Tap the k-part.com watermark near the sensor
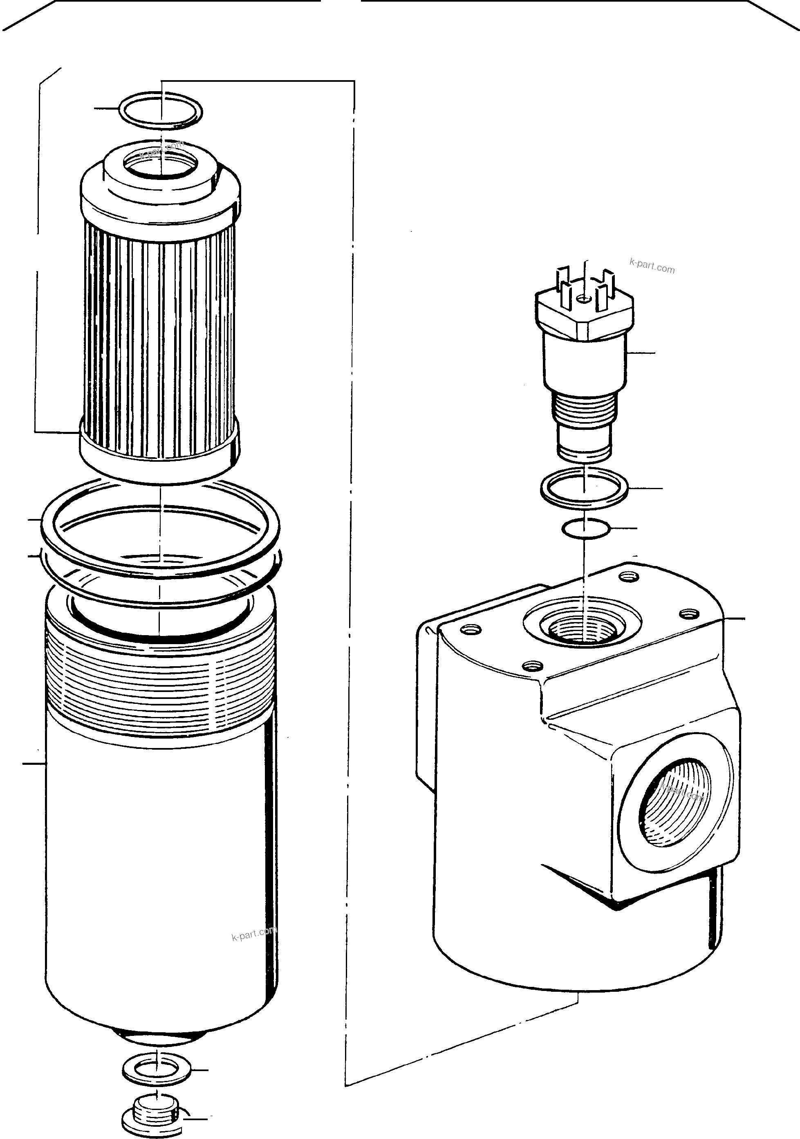(x=652, y=266)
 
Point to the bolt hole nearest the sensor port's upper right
(x=629, y=576)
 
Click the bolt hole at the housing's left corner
(x=471, y=629)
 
